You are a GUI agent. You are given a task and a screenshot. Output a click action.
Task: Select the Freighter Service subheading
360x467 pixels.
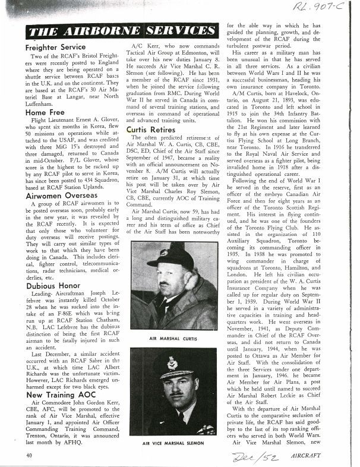tap(56, 46)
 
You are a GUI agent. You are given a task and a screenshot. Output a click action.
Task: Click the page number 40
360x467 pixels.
tap(29, 455)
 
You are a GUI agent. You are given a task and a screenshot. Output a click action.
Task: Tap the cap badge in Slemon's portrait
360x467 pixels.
tap(173, 360)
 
